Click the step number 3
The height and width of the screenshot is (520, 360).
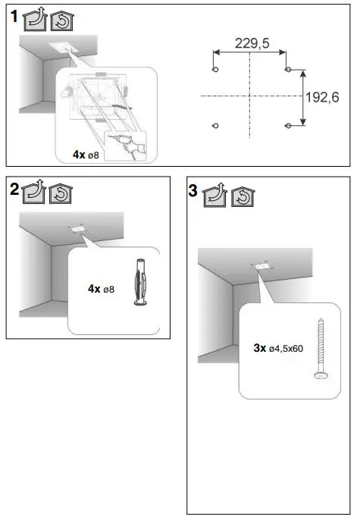[194, 193]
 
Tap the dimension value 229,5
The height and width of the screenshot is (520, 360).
[252, 44]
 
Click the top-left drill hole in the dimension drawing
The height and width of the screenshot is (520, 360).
[215, 70]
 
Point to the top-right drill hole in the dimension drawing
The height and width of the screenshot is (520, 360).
[287, 70]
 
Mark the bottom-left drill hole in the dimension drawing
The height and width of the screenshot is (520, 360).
[215, 125]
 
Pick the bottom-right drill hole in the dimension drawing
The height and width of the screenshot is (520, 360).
[287, 125]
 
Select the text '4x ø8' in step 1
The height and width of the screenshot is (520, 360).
[86, 154]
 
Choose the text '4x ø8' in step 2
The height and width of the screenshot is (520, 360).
[101, 289]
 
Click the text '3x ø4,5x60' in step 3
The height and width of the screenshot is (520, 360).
[278, 349]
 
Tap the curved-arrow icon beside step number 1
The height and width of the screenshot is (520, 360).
[35, 20]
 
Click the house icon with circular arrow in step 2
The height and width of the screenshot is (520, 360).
[61, 193]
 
